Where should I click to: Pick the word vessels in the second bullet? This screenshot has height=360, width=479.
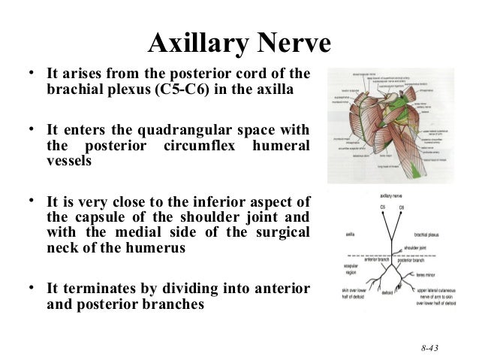click(x=71, y=162)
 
